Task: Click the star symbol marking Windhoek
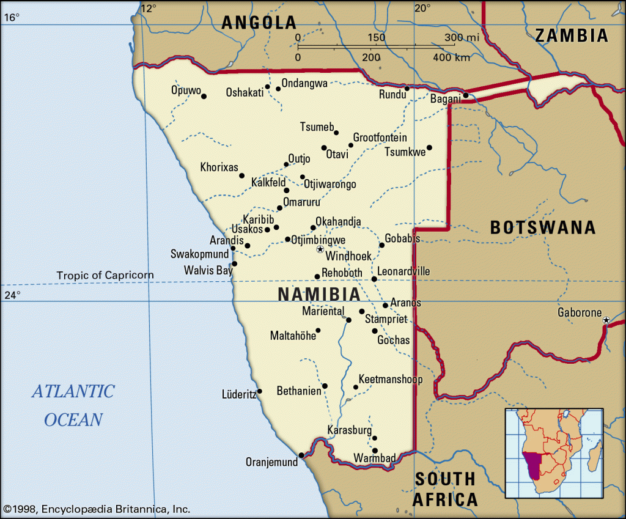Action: pos(320,249)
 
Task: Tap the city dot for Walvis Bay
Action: pos(234,263)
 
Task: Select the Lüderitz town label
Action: pos(238,395)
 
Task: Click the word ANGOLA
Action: pos(259,23)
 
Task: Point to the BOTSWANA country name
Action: pos(542,227)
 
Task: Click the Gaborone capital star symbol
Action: pos(606,320)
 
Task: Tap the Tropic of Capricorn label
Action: pos(105,275)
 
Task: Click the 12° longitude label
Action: pos(149,8)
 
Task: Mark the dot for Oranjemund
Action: pos(301,454)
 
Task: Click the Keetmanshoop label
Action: pos(391,380)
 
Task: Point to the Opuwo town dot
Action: pos(204,96)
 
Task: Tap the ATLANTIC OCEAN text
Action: pos(73,405)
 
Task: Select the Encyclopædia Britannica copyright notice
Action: pos(97,509)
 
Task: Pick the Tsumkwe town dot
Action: pos(429,147)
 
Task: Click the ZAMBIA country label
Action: pos(572,35)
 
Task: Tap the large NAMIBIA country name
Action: pos(319,294)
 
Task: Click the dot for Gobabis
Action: pos(381,245)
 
